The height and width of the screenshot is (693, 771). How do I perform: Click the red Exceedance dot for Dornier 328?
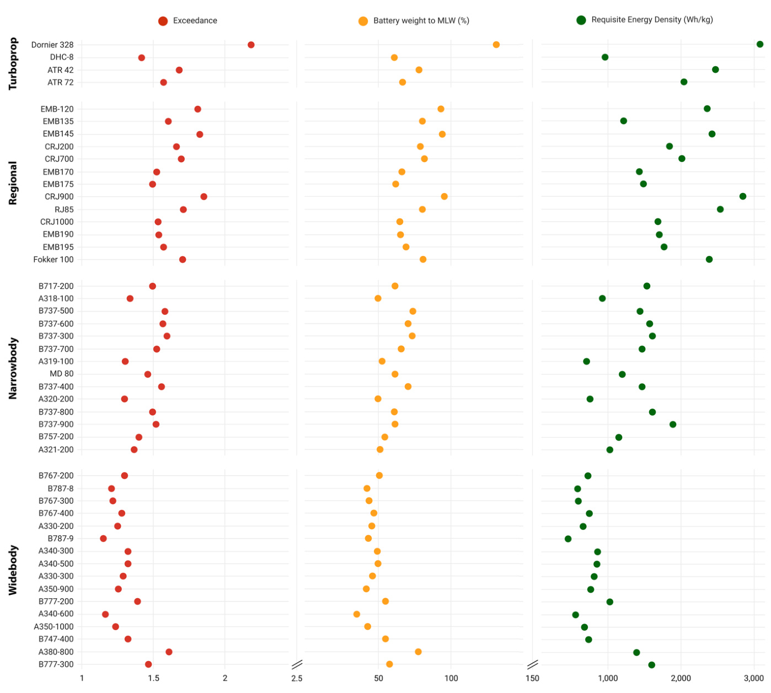pos(251,45)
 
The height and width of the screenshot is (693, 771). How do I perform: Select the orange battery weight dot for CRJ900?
pos(444,196)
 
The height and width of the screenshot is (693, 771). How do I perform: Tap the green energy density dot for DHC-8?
pos(605,57)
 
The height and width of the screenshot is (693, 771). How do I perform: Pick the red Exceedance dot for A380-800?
pos(169,652)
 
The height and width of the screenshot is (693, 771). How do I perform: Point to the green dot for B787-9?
pos(568,539)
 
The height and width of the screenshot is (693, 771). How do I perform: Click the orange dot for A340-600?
pos(357,614)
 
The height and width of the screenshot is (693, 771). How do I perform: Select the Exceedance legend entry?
pos(188,21)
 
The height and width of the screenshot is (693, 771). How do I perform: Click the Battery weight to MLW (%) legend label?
pos(421,21)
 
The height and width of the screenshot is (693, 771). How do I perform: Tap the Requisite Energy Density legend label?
pos(652,20)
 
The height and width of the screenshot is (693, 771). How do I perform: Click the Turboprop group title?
pos(13,63)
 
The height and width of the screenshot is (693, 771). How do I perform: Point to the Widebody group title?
pos(13,570)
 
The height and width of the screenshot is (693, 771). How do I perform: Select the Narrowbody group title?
pos(13,368)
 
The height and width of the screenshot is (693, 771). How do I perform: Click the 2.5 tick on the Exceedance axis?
pos(297,678)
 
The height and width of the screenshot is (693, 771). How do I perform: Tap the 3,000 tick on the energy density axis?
pos(754,678)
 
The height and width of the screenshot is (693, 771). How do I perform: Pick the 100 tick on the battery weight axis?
pos(451,678)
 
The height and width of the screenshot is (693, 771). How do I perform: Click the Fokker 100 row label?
pos(53,260)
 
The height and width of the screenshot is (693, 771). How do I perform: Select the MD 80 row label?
pos(61,374)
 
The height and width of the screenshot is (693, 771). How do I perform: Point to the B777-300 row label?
pos(56,664)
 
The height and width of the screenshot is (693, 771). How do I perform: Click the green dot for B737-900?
pos(673,425)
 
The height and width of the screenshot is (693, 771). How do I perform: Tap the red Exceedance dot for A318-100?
pos(130,298)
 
